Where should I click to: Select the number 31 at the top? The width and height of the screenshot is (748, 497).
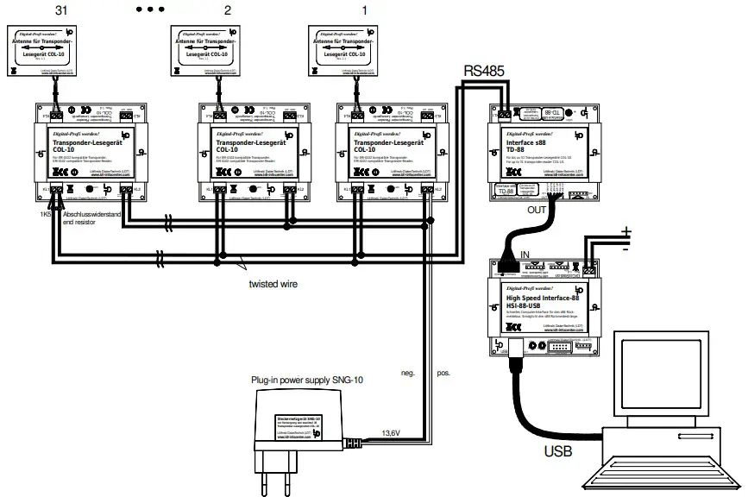coord(60,10)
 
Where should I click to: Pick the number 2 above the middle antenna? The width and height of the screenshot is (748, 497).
coord(228,10)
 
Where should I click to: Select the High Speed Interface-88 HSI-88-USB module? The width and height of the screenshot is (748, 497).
coord(543,306)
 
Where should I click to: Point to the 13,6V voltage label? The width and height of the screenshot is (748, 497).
coord(393,434)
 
